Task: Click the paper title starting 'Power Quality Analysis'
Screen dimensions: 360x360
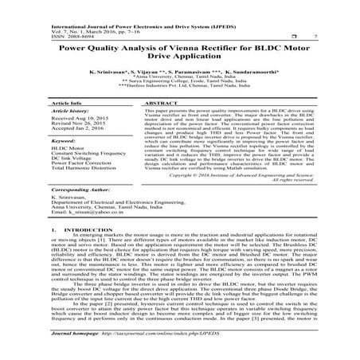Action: coord(179,49)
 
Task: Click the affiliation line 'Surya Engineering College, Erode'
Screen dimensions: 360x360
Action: coord(179,84)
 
